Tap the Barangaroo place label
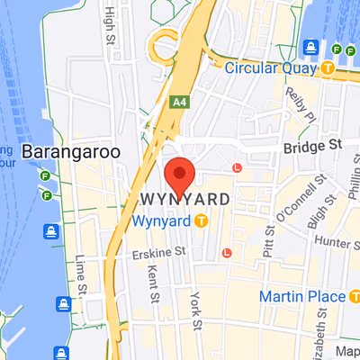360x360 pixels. click(71, 152)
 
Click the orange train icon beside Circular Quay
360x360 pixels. click(329, 67)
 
